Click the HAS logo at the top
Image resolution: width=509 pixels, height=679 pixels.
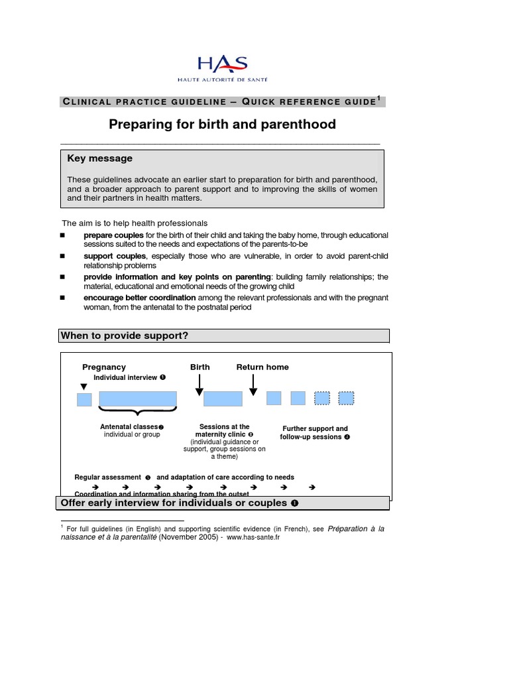point(222,68)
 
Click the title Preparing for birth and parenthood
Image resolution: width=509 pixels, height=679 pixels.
point(222,124)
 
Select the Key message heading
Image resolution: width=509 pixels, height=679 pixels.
point(100,158)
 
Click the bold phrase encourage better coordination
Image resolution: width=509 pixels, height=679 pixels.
point(139,298)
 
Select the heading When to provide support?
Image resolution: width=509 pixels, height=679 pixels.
point(125,336)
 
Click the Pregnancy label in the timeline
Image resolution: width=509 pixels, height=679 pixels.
point(104,367)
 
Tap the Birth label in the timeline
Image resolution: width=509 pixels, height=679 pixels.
point(200,367)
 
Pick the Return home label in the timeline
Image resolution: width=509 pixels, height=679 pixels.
point(262,367)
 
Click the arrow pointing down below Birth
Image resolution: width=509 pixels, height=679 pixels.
point(199,385)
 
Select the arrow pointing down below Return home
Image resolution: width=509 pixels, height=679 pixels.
point(253,385)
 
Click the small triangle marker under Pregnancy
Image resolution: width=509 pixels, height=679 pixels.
point(84,387)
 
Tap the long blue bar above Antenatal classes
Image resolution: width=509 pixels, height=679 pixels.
point(138,398)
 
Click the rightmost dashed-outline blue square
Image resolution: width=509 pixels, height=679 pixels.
point(346,398)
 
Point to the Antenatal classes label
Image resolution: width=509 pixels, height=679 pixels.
point(129,426)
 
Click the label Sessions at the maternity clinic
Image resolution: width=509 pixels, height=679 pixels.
point(224,430)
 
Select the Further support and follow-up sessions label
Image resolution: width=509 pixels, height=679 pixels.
point(315,433)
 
